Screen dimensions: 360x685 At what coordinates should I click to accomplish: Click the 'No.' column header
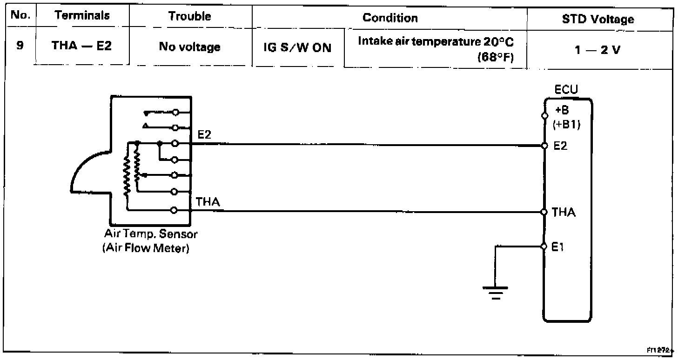(x=20, y=16)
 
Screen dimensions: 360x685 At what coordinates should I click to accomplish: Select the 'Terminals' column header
(x=82, y=16)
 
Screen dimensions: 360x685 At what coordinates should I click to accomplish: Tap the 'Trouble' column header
(x=189, y=16)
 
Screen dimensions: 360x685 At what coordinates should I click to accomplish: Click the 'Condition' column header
(x=390, y=18)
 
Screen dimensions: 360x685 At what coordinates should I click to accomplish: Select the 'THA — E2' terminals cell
(x=82, y=47)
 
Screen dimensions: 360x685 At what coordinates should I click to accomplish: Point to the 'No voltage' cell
(x=189, y=47)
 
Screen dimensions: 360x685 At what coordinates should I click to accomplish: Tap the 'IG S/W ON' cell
(x=298, y=48)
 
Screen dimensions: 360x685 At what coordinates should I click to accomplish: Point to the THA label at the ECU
(x=564, y=213)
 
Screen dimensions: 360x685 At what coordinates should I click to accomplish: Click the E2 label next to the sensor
(x=204, y=135)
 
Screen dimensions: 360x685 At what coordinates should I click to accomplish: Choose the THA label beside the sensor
(x=208, y=202)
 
